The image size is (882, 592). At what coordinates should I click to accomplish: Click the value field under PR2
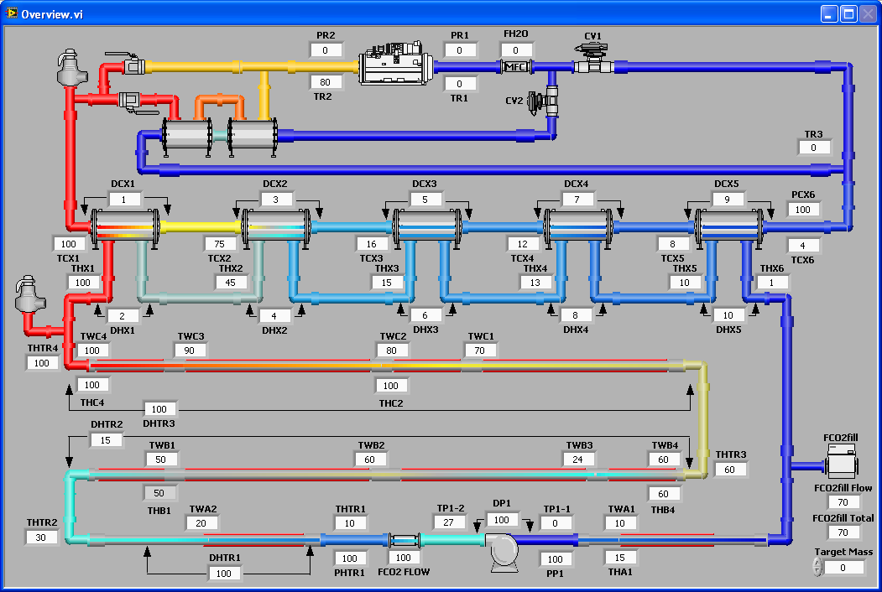point(326,50)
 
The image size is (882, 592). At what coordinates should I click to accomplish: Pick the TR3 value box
point(813,148)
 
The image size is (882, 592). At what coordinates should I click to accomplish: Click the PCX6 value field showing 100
point(804,210)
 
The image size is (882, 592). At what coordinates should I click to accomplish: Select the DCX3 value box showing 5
point(425,200)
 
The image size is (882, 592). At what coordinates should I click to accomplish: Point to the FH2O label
point(515,34)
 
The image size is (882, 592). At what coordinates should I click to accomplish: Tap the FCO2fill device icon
point(842,460)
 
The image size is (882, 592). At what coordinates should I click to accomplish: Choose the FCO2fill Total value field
point(842,532)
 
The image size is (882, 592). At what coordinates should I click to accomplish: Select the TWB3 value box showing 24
point(578,460)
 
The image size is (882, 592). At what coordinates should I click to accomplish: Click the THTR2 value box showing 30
point(42,537)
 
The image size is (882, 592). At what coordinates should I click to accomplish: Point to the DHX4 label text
point(577,330)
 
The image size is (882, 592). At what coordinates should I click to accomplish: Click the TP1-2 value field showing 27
point(450,522)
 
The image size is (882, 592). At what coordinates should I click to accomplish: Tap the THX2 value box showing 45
point(231,283)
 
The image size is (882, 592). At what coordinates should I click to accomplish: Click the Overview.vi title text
point(51,14)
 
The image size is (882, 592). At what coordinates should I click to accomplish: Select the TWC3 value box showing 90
point(190,351)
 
